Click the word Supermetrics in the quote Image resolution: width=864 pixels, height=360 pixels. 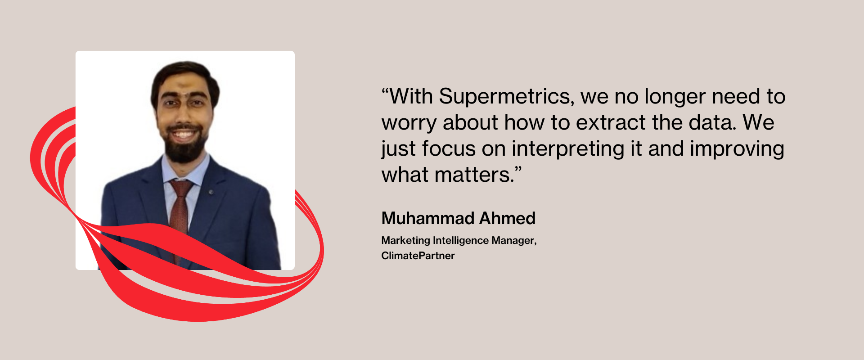pos(507,97)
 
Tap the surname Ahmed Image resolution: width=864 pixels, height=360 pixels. pos(507,218)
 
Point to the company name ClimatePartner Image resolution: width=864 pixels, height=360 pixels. pos(418,256)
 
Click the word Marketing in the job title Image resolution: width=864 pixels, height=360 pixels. pos(406,241)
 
